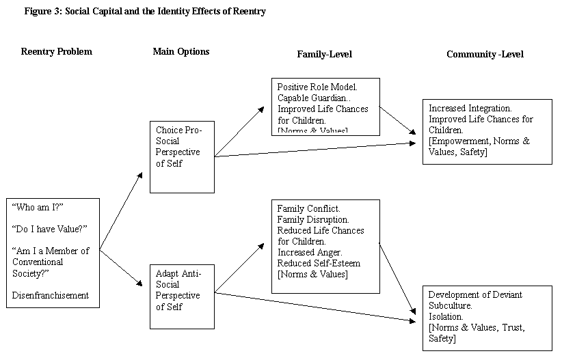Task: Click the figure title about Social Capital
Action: (x=144, y=12)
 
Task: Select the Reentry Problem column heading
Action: (x=56, y=52)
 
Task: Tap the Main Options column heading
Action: (x=181, y=52)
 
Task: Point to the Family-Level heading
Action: (x=324, y=54)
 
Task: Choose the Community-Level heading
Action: (x=485, y=54)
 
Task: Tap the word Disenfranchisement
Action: (x=51, y=295)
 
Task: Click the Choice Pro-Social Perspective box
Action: (x=182, y=156)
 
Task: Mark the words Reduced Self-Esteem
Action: (x=319, y=263)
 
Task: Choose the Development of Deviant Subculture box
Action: (x=486, y=318)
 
